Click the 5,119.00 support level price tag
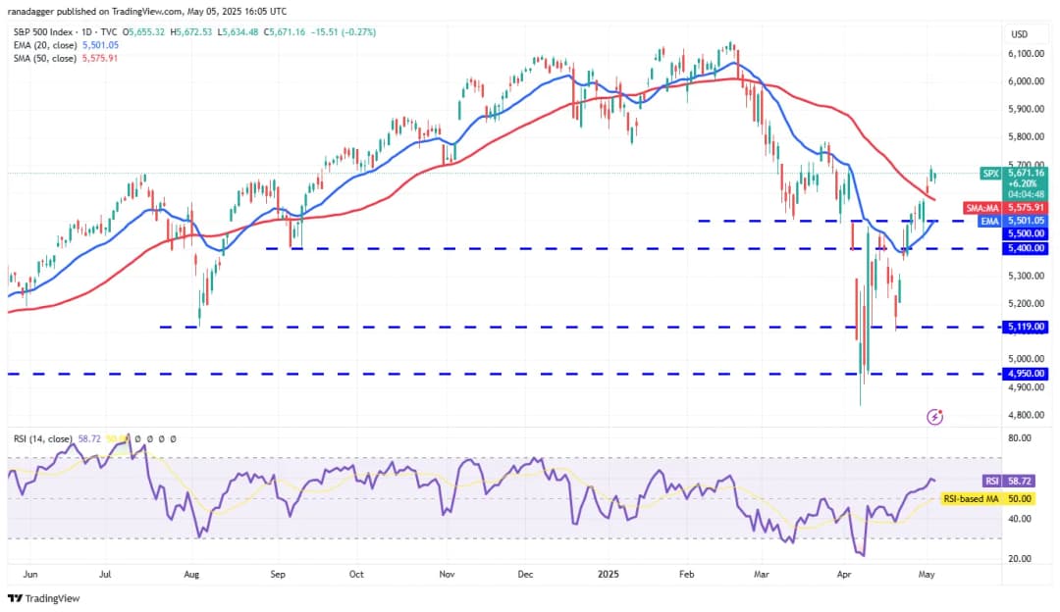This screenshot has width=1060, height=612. point(1025,327)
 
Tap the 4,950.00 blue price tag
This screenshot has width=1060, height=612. point(1025,374)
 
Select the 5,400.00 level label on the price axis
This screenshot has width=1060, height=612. point(1025,248)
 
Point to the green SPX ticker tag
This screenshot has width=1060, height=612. point(991,174)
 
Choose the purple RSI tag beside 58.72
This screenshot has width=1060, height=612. point(991,482)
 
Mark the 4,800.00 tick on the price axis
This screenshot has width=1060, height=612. point(1025,415)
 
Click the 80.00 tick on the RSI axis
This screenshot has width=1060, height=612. point(1021,438)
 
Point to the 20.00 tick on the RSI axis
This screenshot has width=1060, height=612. point(1021,559)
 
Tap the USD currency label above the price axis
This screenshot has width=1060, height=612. point(1019,34)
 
